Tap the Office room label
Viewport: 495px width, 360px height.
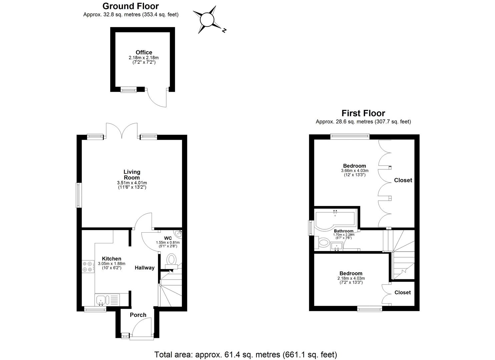tap(144, 52)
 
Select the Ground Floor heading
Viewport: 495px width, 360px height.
tap(131, 6)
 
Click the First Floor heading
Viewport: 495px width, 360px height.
tap(363, 113)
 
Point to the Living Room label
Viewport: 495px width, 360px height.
tap(132, 174)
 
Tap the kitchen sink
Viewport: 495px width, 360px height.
tap(101, 300)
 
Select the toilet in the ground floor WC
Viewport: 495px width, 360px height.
tap(171, 260)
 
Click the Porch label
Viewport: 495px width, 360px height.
tap(138, 315)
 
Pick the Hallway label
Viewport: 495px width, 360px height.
tap(145, 268)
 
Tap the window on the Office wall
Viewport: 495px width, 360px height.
tap(128, 89)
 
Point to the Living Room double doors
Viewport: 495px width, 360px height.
tap(122, 130)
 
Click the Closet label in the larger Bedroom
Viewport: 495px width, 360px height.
tap(403, 180)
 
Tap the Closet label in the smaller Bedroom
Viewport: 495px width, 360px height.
tap(403, 292)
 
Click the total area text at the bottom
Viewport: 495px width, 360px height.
tap(246, 354)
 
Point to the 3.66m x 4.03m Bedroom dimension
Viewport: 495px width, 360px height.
tap(354, 170)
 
